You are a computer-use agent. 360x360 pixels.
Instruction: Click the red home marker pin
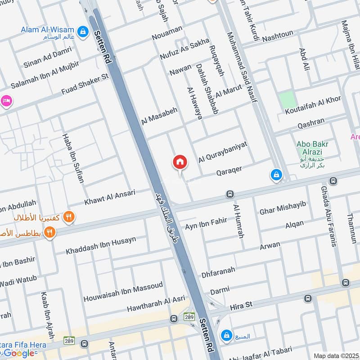pyautogui.click(x=180, y=162)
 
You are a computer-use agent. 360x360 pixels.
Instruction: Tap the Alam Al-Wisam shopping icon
pyautogui.click(x=83, y=31)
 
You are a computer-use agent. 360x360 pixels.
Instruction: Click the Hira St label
pyautogui.click(x=242, y=305)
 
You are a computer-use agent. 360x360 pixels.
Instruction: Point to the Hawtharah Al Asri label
pyautogui.click(x=156, y=304)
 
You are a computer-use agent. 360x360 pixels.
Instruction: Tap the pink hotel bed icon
pyautogui.click(x=5, y=100)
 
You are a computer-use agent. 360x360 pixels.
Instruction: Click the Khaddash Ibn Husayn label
pyautogui.click(x=101, y=245)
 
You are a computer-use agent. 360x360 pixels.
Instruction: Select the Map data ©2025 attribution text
pyautogui.click(x=336, y=355)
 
